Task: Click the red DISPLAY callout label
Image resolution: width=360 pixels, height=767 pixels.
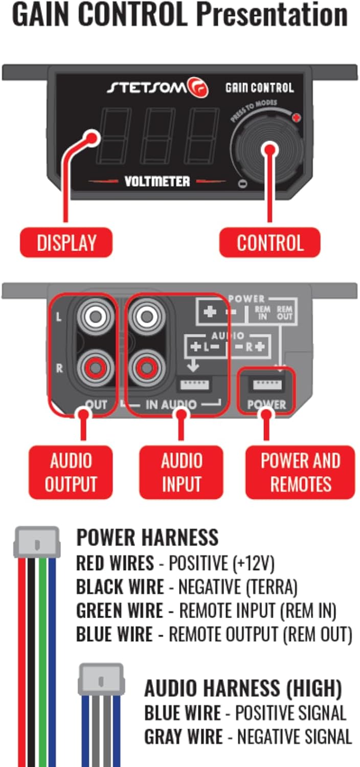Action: (x=66, y=242)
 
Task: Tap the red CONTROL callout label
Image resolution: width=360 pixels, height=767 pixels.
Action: (x=269, y=242)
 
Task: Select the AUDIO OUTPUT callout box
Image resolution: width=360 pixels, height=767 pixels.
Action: (x=71, y=472)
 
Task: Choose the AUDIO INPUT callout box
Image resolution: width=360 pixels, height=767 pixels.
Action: (x=181, y=472)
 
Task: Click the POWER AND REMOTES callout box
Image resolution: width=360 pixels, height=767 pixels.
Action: (x=300, y=472)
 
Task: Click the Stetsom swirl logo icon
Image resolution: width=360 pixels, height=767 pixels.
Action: (x=198, y=87)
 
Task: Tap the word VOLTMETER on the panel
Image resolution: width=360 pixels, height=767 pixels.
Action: (x=157, y=182)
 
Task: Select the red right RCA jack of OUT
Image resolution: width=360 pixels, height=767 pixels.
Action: (x=96, y=368)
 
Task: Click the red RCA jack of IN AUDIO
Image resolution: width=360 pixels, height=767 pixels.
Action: (x=147, y=368)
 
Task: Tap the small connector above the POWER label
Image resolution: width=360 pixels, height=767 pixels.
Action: (x=267, y=385)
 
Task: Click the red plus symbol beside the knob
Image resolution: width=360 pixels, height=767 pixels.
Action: (x=296, y=118)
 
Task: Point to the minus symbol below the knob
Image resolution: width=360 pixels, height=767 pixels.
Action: (x=242, y=184)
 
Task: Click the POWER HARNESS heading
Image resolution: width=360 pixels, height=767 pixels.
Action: (x=147, y=537)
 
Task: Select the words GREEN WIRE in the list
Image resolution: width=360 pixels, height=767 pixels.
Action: (x=120, y=610)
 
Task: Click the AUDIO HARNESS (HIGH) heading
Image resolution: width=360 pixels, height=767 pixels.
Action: (x=243, y=689)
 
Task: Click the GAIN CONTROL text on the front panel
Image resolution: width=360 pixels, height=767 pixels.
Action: (x=260, y=88)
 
